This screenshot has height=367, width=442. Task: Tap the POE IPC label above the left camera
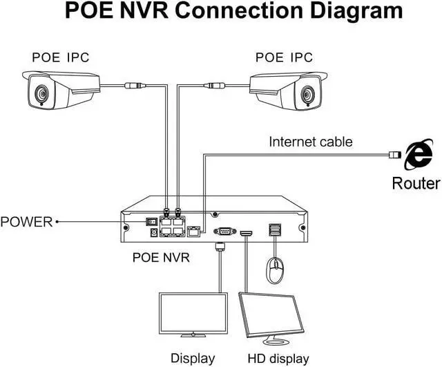click(x=60, y=56)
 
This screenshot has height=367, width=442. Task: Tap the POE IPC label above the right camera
click(x=284, y=56)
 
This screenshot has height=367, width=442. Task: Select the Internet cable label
click(x=311, y=142)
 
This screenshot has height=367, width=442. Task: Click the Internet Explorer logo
click(x=417, y=155)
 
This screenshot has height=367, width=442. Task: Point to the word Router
click(x=416, y=183)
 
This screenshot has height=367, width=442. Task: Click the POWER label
click(x=26, y=222)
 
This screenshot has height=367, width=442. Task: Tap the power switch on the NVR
click(x=149, y=223)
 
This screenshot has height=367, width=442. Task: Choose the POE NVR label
click(x=162, y=258)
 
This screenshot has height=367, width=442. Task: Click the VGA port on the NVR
click(x=222, y=232)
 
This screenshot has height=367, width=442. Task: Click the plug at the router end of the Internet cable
click(x=394, y=153)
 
